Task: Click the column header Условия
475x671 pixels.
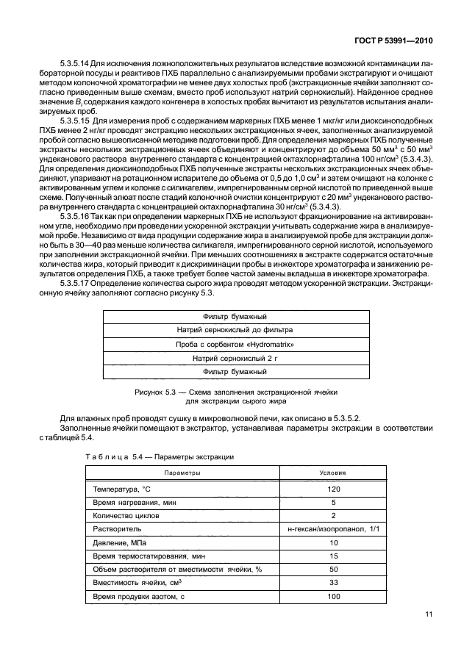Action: (x=333, y=473)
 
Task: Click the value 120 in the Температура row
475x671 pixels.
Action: (x=333, y=489)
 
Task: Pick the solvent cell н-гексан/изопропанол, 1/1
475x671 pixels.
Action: (x=333, y=528)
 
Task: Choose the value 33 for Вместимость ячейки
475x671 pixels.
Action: (x=333, y=582)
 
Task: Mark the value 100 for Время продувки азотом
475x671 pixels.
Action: (x=333, y=595)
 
